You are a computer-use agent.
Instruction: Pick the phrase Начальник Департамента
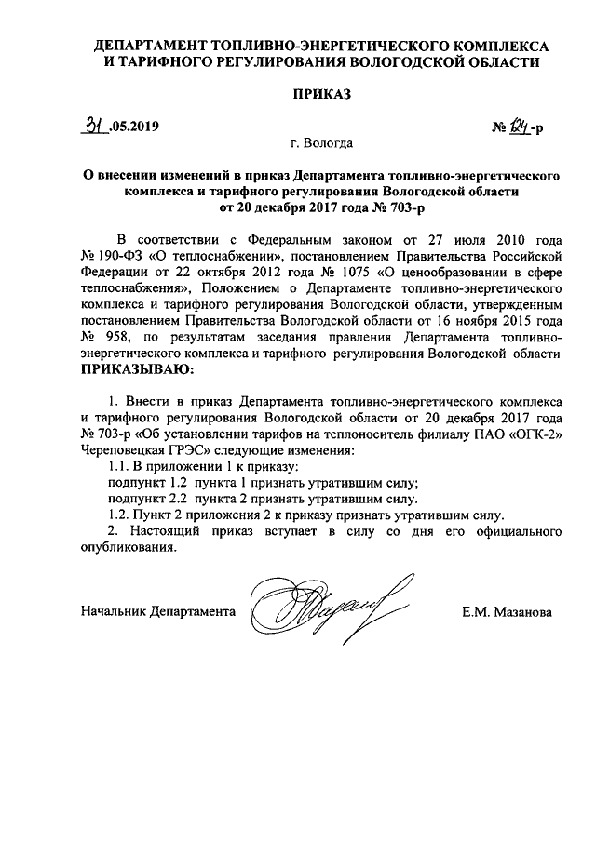(158, 612)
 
